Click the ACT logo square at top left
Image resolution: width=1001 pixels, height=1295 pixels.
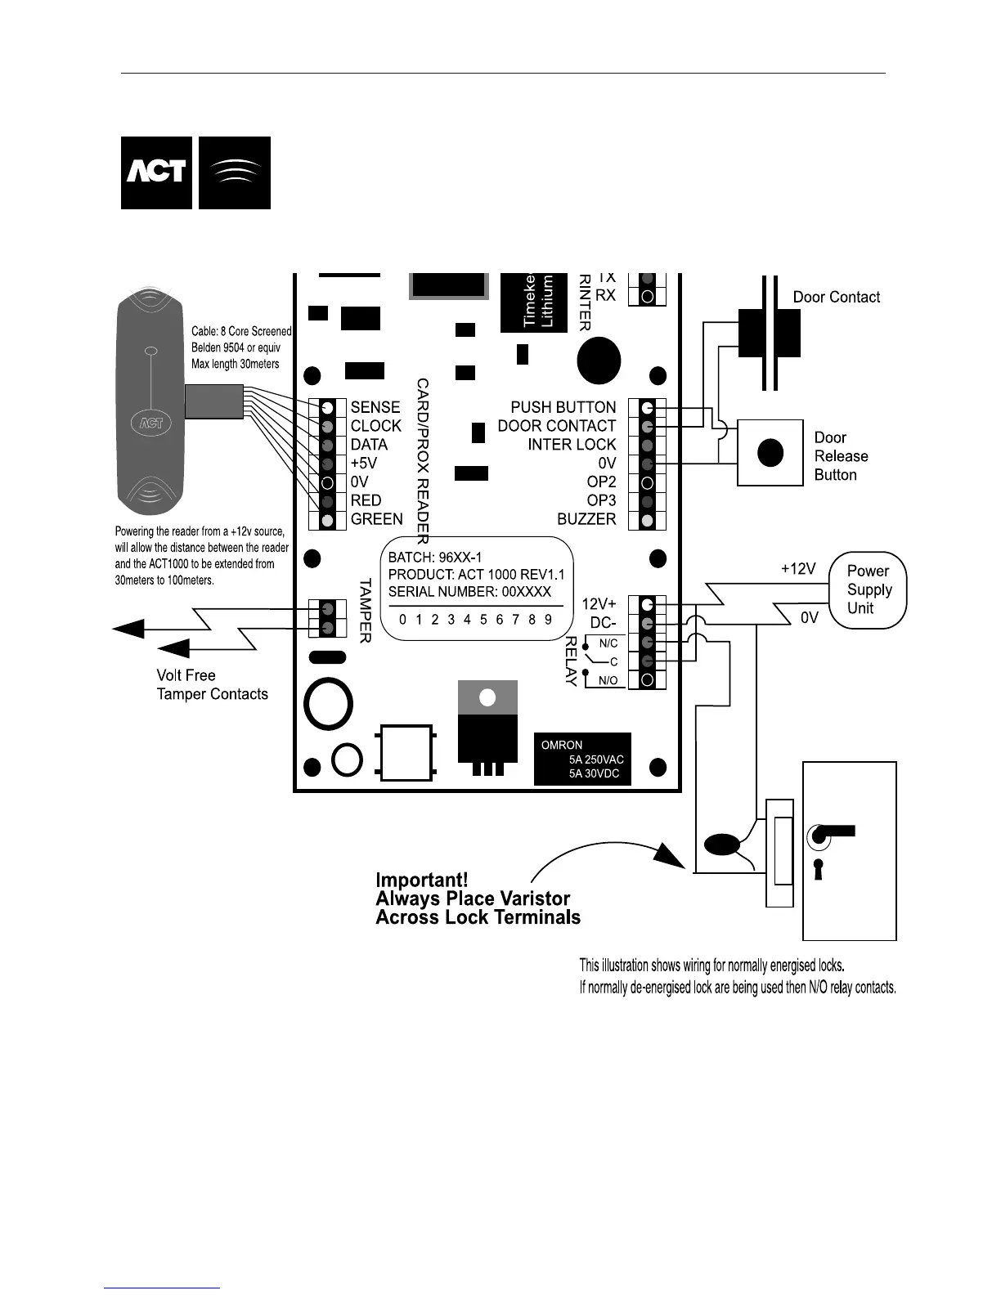pos(156,173)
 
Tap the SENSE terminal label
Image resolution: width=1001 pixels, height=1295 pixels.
pos(375,407)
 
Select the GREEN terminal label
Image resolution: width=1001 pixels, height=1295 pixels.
pos(377,519)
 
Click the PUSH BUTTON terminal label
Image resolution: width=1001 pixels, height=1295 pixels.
pos(563,407)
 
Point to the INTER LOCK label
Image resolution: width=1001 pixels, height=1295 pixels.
pos(572,445)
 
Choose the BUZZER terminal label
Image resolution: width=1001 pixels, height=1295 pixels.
pos(586,519)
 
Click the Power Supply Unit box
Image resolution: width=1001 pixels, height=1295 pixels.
pos(869,589)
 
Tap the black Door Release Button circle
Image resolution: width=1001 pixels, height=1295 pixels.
pos(770,452)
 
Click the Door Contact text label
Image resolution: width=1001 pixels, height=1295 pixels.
pos(837,298)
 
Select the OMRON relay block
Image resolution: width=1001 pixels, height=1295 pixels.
pos(582,759)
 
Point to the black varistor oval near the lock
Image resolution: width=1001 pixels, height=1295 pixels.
pos(721,844)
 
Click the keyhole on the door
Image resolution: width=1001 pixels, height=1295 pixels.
pos(818,869)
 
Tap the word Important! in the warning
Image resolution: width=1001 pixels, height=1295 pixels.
pos(422,881)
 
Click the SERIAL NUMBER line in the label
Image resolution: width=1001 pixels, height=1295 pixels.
pos(469,592)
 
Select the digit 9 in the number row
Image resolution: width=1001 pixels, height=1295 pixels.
pos(548,620)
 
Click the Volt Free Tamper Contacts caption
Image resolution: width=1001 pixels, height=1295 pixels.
pos(212,685)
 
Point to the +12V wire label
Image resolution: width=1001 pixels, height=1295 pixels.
pos(797,569)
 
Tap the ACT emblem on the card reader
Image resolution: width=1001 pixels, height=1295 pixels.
pos(148,423)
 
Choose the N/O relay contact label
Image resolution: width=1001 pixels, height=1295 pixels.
pos(608,680)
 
